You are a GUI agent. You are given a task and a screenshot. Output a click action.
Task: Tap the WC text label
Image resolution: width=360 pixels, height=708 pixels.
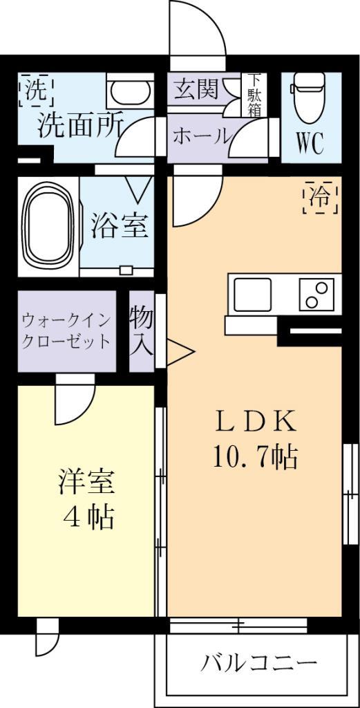(x=310, y=144)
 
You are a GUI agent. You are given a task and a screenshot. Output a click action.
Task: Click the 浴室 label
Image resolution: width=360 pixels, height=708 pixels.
(x=119, y=227)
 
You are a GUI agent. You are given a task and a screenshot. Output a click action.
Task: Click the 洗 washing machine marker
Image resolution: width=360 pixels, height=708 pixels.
(x=34, y=90)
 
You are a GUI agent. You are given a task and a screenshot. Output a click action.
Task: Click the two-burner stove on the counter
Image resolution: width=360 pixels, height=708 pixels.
(x=316, y=295)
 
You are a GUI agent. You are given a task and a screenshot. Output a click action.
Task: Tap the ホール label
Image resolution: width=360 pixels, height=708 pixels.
(x=201, y=136)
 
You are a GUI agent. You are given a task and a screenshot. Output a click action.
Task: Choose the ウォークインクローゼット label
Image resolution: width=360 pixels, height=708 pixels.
(x=66, y=331)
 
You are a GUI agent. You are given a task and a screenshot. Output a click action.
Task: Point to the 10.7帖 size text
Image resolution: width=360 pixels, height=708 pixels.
(x=255, y=456)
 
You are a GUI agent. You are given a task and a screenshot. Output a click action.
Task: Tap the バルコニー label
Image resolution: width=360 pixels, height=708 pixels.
(x=258, y=663)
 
